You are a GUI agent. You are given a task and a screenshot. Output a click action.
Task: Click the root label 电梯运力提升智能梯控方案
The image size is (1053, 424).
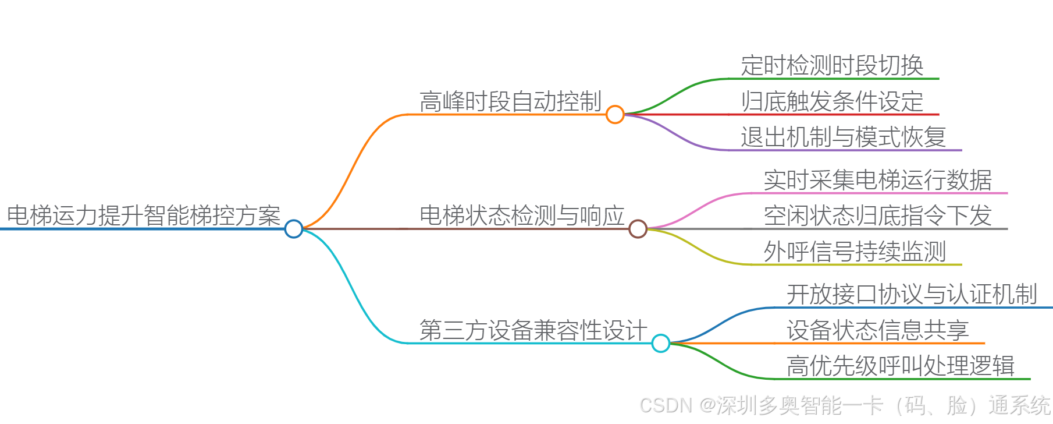(144, 215)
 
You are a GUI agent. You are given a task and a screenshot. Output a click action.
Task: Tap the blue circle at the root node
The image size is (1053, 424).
(294, 229)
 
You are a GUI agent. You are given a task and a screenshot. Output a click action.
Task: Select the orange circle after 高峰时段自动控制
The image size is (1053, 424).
(615, 114)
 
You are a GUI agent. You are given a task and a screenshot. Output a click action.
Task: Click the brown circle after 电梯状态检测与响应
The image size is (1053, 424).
(638, 229)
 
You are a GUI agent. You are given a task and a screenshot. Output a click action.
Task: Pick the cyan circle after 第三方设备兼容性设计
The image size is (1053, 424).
(661, 343)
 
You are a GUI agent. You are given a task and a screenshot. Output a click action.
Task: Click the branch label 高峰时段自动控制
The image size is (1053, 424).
(510, 101)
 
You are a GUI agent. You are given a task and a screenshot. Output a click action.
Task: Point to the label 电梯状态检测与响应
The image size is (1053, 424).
(522, 215)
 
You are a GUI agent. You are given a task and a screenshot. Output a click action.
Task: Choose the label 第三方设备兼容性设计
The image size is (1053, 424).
(533, 330)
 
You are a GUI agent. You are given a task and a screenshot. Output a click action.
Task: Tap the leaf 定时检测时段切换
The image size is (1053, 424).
(832, 65)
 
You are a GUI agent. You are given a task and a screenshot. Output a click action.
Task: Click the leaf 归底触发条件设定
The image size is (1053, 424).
(832, 101)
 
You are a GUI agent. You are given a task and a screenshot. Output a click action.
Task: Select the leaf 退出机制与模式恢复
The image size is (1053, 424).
(843, 137)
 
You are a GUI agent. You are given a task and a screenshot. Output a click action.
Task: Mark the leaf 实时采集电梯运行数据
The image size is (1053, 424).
(877, 180)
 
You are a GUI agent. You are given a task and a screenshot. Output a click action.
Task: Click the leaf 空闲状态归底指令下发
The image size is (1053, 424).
(877, 215)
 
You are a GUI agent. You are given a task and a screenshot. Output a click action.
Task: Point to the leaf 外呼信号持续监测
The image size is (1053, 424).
(855, 252)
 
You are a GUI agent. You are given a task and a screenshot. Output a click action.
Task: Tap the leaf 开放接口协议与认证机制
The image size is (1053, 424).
(912, 294)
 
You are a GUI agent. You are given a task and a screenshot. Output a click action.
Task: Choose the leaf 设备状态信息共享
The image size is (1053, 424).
(877, 330)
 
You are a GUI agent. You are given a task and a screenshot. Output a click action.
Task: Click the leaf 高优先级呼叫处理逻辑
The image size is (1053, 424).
(900, 366)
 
